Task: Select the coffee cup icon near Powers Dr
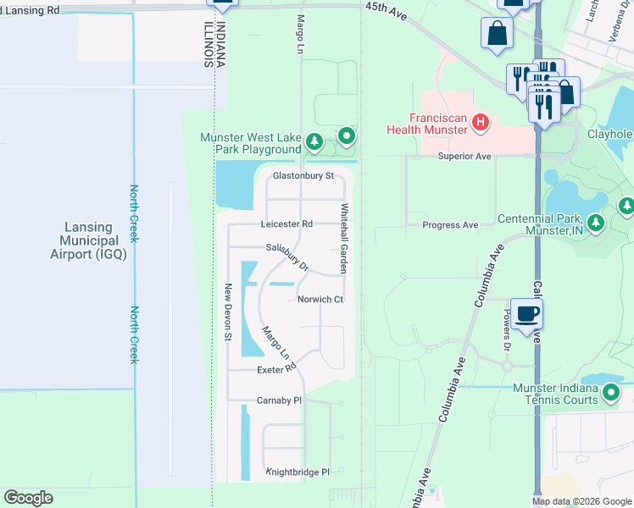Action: click(527, 314)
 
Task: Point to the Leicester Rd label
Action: click(287, 224)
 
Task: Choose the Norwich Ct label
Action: click(320, 300)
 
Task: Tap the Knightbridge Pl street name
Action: click(298, 472)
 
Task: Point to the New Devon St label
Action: click(228, 312)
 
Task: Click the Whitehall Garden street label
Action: click(344, 238)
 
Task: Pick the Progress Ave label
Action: click(451, 224)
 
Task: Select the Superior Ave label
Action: click(464, 157)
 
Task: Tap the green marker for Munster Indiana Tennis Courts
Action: click(611, 394)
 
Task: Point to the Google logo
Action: click(29, 498)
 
